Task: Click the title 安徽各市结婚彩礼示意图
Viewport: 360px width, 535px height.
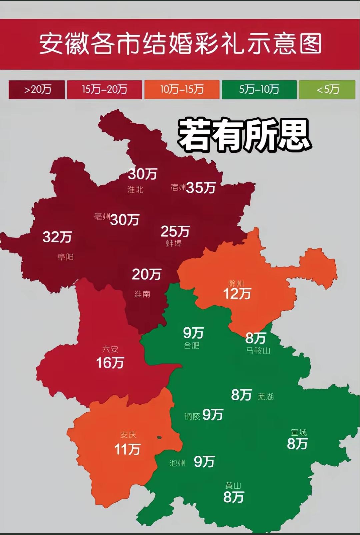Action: pos(180,44)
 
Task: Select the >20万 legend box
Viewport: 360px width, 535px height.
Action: pos(37,89)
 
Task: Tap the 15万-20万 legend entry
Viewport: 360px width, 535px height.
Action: pos(104,89)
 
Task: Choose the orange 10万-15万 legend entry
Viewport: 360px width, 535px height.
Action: pos(182,89)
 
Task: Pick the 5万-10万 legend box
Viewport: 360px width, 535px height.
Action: pos(259,89)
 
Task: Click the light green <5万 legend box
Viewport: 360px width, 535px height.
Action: pos(327,89)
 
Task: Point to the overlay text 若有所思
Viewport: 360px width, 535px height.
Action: pos(244,135)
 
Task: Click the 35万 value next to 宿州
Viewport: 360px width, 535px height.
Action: pos(201,188)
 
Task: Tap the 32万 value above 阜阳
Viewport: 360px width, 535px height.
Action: pos(57,237)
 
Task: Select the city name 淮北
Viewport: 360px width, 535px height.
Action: pos(135,190)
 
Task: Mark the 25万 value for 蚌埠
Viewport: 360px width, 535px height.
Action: pos(175,231)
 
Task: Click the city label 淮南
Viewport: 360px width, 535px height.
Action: pos(142,294)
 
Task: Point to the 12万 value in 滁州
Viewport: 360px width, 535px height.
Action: pos(237,294)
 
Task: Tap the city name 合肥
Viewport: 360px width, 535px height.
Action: pos(192,345)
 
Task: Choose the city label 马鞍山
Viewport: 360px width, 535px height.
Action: pos(258,351)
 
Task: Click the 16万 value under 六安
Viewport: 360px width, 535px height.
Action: pos(110,363)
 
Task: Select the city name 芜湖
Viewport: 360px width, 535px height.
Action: pos(266,397)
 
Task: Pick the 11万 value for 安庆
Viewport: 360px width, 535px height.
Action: pos(127,449)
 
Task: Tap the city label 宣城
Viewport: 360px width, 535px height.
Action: pos(299,433)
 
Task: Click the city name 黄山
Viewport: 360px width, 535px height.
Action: pos(233,486)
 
